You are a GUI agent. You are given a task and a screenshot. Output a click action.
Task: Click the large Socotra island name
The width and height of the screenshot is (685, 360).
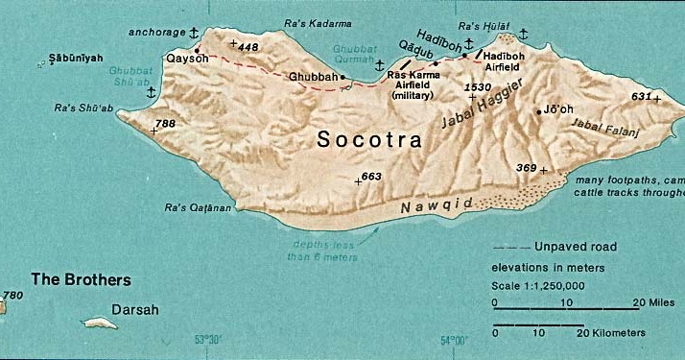(x=369, y=140)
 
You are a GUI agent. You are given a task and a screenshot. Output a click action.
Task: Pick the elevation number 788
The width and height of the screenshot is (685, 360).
(x=165, y=123)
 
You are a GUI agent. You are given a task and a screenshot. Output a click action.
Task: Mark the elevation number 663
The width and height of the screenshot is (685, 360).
(x=371, y=176)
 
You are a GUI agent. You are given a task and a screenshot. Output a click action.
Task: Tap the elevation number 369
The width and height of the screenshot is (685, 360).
(x=527, y=168)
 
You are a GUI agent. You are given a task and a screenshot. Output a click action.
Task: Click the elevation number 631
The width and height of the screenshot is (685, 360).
(x=641, y=96)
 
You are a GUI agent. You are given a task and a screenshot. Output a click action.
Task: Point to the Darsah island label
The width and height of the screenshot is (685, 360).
(x=135, y=310)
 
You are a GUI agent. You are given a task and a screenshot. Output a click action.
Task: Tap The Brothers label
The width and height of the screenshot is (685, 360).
(x=81, y=280)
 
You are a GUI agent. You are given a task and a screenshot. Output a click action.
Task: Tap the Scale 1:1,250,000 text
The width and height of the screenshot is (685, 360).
(x=538, y=285)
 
